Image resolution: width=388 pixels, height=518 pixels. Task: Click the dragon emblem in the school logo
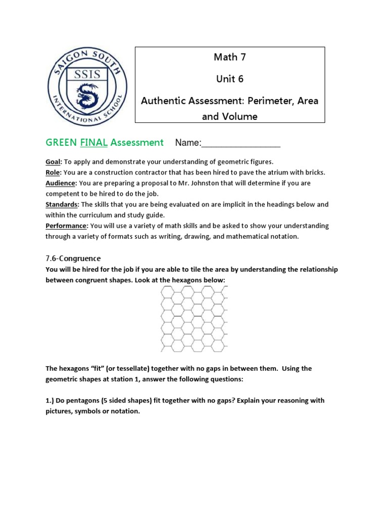click(x=84, y=95)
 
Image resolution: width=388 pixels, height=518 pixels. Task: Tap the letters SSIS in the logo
click(x=84, y=74)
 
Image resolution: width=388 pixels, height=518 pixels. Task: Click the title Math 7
click(x=229, y=57)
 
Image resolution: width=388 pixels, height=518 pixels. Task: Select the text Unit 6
click(x=229, y=79)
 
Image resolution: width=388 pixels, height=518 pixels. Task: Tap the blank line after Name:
click(x=241, y=143)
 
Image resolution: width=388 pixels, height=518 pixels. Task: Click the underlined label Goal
click(x=53, y=162)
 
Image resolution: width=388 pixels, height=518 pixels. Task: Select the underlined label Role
click(x=53, y=172)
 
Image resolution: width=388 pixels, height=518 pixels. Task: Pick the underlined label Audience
click(x=61, y=183)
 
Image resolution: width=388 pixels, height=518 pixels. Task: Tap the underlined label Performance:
click(x=67, y=226)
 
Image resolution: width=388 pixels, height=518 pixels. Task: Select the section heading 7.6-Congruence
click(x=73, y=258)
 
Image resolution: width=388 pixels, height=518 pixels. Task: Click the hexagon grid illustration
click(x=194, y=319)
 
